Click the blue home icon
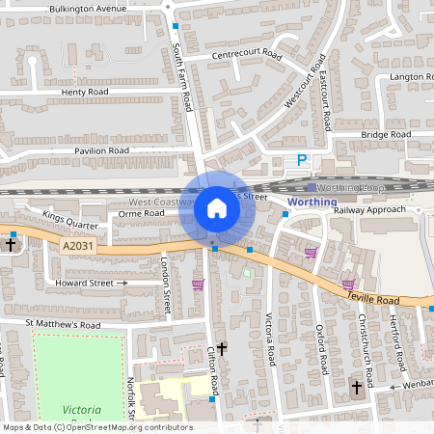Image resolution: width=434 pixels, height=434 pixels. [217, 207]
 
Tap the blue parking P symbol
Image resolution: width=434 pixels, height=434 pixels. [302, 161]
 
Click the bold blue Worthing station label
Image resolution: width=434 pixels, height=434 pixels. [312, 203]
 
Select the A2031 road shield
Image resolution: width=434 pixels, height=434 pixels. [81, 248]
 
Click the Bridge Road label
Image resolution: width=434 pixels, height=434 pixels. [387, 135]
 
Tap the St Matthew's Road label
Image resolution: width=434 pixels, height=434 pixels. [63, 325]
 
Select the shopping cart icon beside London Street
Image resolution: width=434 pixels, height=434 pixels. [198, 285]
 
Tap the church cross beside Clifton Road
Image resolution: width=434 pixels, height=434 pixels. [222, 347]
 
